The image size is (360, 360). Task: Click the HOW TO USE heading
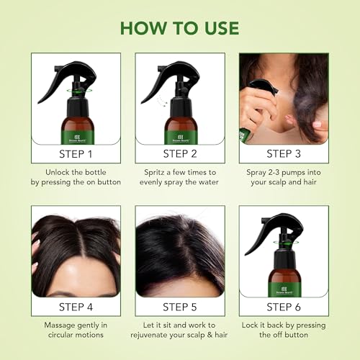(x=180, y=27)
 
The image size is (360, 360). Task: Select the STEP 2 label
(x=180, y=153)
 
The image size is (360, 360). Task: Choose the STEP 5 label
(x=180, y=307)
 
